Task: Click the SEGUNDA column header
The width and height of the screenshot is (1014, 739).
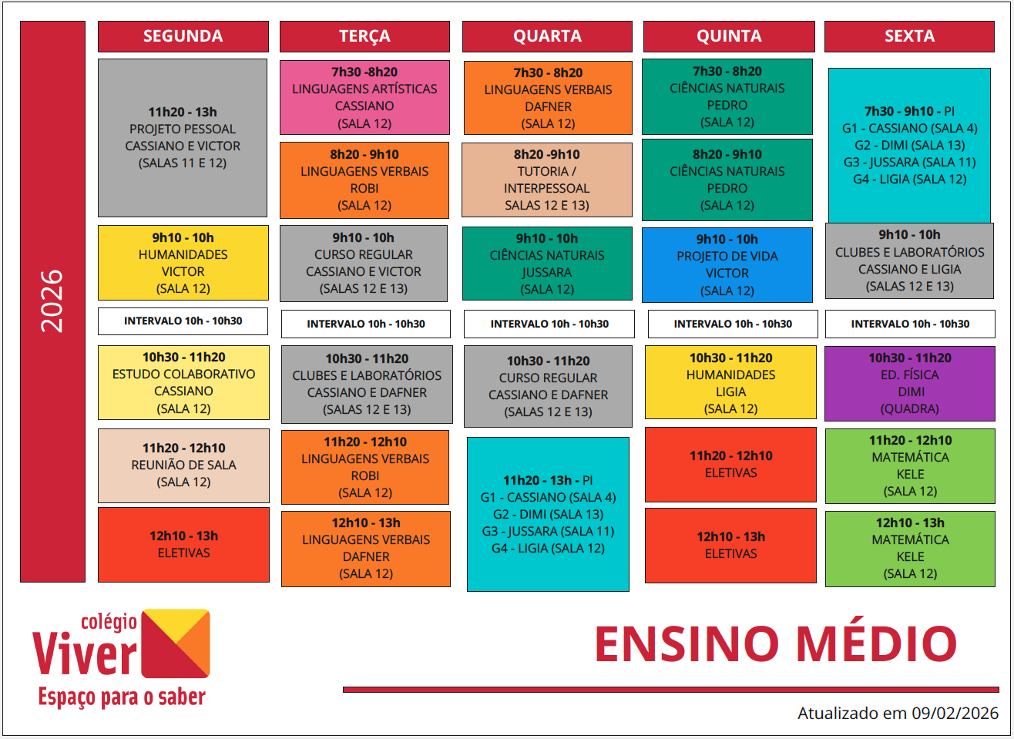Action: coord(183,36)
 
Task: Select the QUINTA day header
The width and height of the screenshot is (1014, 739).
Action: coord(728,36)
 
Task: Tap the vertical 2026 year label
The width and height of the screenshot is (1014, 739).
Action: coord(52,301)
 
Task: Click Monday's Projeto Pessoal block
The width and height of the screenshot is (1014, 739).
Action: coord(183,138)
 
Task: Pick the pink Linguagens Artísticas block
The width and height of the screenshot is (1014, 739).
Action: coord(364,97)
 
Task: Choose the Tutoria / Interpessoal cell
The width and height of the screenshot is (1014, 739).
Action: coord(547,180)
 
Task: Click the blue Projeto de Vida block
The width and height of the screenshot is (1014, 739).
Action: coord(727,264)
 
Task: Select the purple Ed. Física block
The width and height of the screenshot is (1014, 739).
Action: coord(910,383)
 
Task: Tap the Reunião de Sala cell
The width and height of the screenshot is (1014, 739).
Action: coord(183,465)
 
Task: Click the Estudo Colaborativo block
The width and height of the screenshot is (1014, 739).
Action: coord(183,382)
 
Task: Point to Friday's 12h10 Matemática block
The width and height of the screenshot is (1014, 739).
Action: coord(910,548)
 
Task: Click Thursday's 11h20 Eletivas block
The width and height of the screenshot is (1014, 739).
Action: coord(730,465)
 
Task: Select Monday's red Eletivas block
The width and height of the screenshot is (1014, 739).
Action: coord(183,544)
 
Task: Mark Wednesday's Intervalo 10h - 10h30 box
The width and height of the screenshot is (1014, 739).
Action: coord(549,324)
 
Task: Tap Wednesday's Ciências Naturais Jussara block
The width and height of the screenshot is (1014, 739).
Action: coord(547,264)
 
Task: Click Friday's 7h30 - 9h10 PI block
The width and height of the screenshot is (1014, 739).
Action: coord(909,145)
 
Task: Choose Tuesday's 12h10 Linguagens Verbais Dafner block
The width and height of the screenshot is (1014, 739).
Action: coord(366,548)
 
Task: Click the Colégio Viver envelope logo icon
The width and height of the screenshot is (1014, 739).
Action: coord(176,643)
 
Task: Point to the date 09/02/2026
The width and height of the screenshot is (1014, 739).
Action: coord(955,713)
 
